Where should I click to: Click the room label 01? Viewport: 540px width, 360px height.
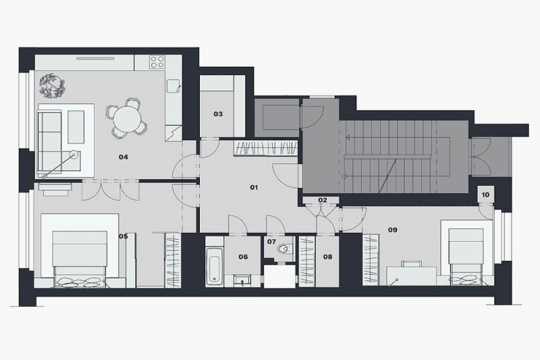(254, 186)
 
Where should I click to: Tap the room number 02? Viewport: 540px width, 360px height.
(323, 200)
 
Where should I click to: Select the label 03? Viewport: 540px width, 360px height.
(218, 114)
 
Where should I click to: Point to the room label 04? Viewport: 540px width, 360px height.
(124, 157)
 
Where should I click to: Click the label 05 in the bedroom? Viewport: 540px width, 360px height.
(124, 236)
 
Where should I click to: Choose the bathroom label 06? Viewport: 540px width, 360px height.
(243, 257)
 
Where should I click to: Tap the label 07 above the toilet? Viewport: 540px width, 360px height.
(271, 241)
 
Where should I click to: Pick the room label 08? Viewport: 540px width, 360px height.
(327, 257)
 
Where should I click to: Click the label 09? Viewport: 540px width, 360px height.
(392, 230)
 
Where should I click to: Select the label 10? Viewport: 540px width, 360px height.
(485, 195)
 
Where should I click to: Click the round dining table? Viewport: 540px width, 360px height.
(126, 122)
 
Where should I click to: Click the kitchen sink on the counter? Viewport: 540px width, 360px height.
(173, 85)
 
